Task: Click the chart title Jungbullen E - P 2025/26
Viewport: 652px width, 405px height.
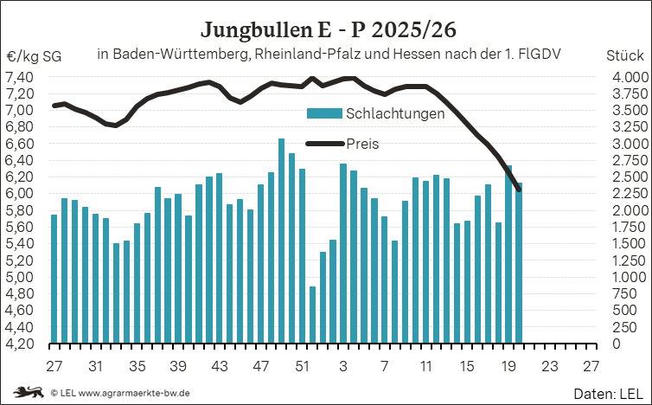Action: [329, 30]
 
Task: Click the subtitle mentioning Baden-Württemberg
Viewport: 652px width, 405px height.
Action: [329, 55]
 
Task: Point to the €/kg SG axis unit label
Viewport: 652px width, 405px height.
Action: [34, 56]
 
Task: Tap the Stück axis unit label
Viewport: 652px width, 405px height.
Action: [624, 55]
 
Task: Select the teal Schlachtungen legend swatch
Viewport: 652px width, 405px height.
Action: [324, 113]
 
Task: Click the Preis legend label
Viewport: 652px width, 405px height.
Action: [362, 144]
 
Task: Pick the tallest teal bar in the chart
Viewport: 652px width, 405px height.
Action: [282, 241]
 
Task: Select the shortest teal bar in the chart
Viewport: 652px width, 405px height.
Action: [312, 315]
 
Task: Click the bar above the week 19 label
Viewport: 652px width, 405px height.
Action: [508, 254]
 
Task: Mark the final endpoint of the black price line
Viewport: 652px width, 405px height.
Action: [519, 190]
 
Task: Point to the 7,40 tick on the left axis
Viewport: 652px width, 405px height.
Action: [19, 77]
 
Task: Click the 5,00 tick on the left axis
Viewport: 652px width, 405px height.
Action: [19, 277]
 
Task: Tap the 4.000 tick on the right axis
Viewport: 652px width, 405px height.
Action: [630, 77]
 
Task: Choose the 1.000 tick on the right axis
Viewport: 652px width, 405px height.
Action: [630, 277]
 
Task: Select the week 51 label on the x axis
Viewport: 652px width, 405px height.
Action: [302, 366]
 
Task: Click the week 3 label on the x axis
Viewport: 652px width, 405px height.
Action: [343, 366]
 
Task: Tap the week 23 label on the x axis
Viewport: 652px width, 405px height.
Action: [549, 366]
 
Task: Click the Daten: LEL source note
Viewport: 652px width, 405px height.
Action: [608, 394]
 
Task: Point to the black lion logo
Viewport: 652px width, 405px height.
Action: [29, 392]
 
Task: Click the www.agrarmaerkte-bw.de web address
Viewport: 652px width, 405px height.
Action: [134, 393]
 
